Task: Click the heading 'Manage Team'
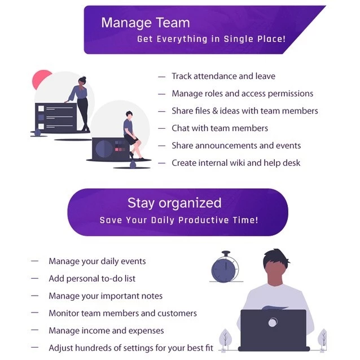point(145,23)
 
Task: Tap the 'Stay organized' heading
point(174,203)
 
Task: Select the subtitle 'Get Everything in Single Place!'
point(211,39)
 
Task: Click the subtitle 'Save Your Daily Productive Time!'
point(178,220)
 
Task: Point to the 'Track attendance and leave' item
point(223,76)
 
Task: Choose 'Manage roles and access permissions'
point(242,94)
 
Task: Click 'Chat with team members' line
point(219,128)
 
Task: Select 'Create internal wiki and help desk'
point(236,163)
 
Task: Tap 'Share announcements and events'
point(236,146)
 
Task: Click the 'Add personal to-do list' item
point(92,279)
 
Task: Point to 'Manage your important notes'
point(106,296)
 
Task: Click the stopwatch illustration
point(225,267)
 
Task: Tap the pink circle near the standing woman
point(41,80)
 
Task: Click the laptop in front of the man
point(273,330)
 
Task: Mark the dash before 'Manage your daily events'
point(35,261)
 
